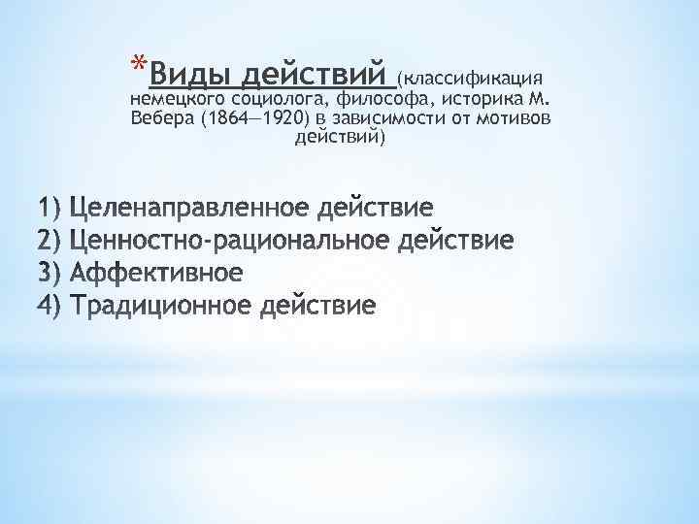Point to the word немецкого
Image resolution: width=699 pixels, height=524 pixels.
172,99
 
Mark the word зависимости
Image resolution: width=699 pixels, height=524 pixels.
379,118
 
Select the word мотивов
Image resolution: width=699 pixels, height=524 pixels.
511,118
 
